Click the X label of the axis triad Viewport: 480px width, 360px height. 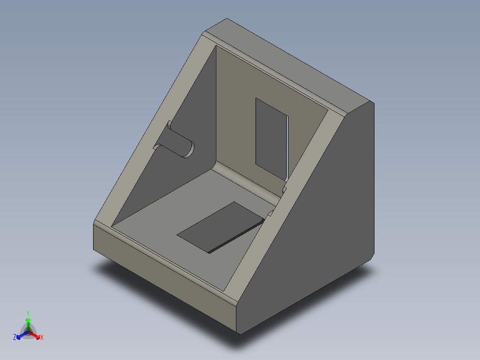42,337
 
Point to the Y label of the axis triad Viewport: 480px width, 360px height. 28,313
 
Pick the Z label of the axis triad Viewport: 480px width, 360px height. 15,337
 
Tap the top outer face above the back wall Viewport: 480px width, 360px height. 289,62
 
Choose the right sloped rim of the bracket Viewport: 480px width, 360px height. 285,209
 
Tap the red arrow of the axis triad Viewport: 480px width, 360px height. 36,334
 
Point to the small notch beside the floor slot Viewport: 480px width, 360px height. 270,214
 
